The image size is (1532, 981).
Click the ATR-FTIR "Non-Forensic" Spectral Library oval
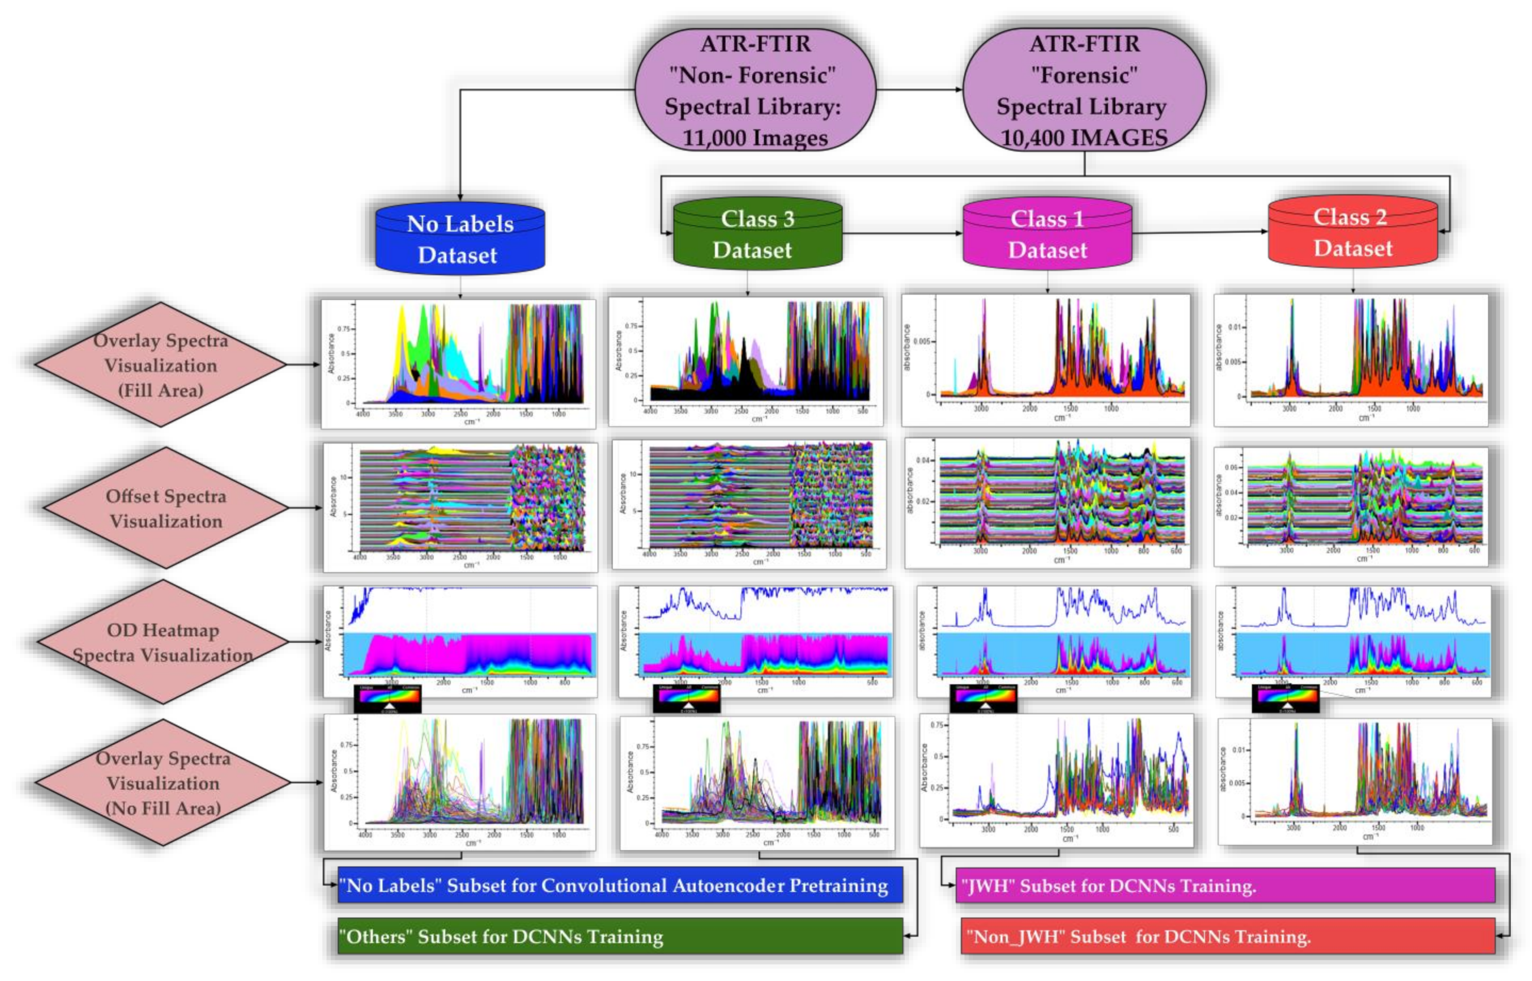(x=755, y=89)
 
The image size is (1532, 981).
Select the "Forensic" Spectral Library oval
(x=1084, y=89)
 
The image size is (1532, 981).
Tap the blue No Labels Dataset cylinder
(x=460, y=239)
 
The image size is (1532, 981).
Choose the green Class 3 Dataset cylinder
(x=757, y=234)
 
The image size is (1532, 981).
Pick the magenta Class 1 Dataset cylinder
(x=1047, y=234)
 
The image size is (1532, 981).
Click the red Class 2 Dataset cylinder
(x=1352, y=232)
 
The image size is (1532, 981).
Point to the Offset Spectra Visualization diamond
(x=166, y=508)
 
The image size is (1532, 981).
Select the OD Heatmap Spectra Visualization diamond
(x=163, y=642)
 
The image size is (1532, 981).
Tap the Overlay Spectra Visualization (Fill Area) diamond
(x=160, y=364)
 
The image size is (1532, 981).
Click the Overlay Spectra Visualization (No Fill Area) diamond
(x=163, y=782)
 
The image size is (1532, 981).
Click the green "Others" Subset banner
(x=619, y=936)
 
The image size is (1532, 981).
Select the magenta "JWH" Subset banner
(x=1224, y=886)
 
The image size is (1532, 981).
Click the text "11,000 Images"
(x=755, y=138)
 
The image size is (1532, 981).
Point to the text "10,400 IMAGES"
(x=1084, y=138)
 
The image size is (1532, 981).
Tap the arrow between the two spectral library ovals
(x=919, y=89)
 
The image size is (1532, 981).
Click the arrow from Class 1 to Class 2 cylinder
(x=1200, y=232)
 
